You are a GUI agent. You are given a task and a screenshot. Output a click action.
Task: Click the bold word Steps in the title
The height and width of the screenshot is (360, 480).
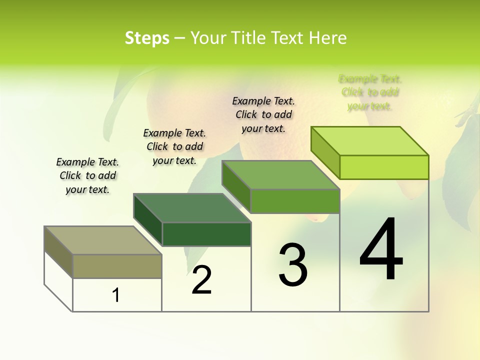pos(147,38)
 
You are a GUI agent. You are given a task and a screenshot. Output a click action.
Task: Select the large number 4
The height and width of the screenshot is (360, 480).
pos(381,249)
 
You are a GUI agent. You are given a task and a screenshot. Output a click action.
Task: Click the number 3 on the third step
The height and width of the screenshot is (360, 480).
pos(293,265)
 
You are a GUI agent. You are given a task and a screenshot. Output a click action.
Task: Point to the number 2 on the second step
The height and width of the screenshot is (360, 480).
pos(202,280)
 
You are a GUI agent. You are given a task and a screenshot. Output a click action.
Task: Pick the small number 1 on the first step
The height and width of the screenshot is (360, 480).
pos(116,295)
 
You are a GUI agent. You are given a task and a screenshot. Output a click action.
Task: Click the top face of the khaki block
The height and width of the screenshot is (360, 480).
pos(102,240)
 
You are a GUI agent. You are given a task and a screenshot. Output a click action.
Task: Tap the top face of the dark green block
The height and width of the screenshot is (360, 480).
pos(192,208)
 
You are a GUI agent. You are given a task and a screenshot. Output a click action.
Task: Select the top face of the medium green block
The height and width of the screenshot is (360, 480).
pos(281,175)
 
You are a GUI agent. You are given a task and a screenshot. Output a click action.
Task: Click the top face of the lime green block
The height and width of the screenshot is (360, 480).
pos(369,141)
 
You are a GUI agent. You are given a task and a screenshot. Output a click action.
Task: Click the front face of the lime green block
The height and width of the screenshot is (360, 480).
pos(384,167)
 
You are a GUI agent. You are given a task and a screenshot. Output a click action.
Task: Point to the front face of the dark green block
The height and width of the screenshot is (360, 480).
pos(206,234)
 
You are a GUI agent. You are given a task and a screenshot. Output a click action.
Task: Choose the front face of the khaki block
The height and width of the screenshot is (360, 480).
pos(117,266)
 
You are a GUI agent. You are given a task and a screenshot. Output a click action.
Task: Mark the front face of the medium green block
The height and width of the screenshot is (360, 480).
pos(295,201)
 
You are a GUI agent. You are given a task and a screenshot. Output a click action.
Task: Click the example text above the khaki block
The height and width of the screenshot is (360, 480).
pos(87,175)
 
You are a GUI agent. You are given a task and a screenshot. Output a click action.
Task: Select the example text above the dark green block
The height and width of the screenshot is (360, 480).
pos(174,146)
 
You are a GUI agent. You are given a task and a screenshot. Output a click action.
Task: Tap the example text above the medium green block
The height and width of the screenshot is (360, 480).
pos(263,114)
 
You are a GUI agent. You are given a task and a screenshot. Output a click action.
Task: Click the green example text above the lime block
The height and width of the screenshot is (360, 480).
pos(370,92)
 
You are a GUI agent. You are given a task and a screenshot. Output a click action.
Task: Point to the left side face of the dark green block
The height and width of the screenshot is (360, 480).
pos(148,220)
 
